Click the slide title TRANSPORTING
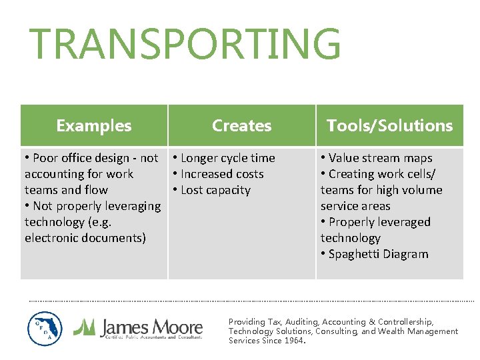pyautogui.click(x=185, y=45)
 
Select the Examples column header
pyautogui.click(x=94, y=125)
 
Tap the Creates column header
pyautogui.click(x=241, y=125)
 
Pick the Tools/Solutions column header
pyautogui.click(x=389, y=125)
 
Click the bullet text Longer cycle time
pyautogui.click(x=227, y=158)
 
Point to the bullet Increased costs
pyautogui.click(x=222, y=174)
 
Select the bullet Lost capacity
pyautogui.click(x=215, y=190)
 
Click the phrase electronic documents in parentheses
pyautogui.click(x=85, y=238)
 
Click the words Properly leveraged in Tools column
pyautogui.click(x=379, y=222)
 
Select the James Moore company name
pyautogui.click(x=151, y=327)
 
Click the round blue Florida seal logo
pyautogui.click(x=45, y=329)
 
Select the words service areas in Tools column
pyautogui.click(x=355, y=206)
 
